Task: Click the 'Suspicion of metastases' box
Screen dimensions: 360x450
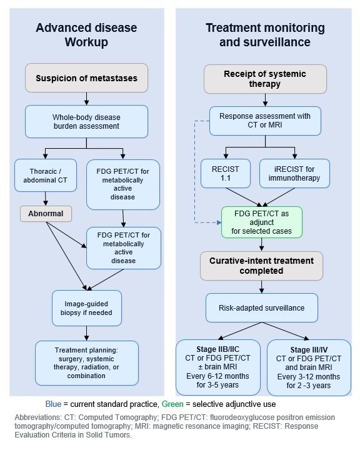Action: pyautogui.click(x=86, y=77)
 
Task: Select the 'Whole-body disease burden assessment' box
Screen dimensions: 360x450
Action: pyautogui.click(x=86, y=121)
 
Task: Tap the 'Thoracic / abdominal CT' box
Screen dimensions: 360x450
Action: pyautogui.click(x=46, y=176)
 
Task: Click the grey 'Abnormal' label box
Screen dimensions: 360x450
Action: pyautogui.click(x=46, y=214)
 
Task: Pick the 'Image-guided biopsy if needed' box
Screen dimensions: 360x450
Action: pyautogui.click(x=87, y=308)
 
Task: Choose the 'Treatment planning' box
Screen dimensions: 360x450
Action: pyautogui.click(x=87, y=362)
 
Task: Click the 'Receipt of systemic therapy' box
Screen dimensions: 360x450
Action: pyautogui.click(x=265, y=79)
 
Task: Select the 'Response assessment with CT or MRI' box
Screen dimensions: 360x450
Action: pyautogui.click(x=265, y=121)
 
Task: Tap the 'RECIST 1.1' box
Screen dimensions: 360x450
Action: pyautogui.click(x=226, y=173)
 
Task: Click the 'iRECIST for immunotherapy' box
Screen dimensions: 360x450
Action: pyautogui.click(x=294, y=173)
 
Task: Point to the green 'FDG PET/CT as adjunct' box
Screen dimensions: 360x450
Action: pyautogui.click(x=261, y=222)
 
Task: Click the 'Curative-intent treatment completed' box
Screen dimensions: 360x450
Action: pyautogui.click(x=261, y=266)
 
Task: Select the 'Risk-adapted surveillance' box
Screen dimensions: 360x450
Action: pyautogui.click(x=261, y=307)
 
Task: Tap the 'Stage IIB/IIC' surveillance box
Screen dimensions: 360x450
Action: pyautogui.click(x=218, y=367)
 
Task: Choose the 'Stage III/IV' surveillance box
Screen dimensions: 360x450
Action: pyautogui.click(x=309, y=367)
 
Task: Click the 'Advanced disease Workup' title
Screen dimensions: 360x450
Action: pyautogui.click(x=86, y=35)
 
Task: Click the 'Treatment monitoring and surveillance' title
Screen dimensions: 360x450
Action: pyautogui.click(x=265, y=35)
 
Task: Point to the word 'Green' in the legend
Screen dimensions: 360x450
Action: pyautogui.click(x=172, y=404)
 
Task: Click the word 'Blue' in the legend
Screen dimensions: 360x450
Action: pyautogui.click(x=53, y=404)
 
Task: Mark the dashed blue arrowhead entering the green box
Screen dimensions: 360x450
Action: pyautogui.click(x=219, y=222)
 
